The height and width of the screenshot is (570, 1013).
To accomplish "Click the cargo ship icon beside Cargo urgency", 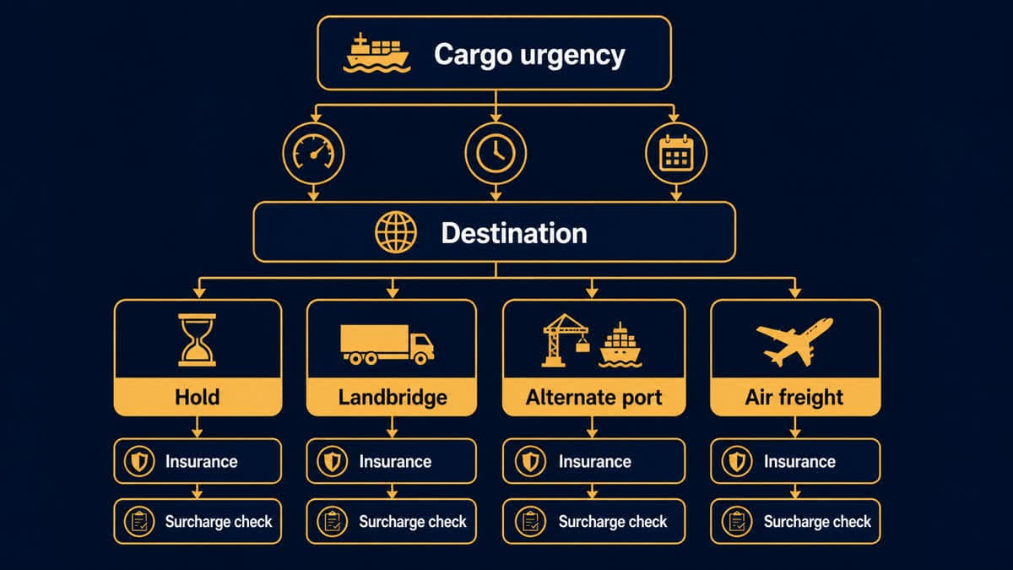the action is point(376,53).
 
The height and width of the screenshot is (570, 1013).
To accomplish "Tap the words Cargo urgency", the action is point(529,55).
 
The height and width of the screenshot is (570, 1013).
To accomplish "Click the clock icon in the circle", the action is point(496,154).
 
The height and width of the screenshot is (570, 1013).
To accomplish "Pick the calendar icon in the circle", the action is point(676,153).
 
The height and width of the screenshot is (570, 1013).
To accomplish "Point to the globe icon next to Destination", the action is point(396,232).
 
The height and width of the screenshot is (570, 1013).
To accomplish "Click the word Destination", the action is point(514,233).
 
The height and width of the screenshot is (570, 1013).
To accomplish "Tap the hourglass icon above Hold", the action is point(198,339).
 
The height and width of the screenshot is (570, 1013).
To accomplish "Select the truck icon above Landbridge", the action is point(387,345).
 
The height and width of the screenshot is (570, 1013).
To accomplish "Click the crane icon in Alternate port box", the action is point(566,339).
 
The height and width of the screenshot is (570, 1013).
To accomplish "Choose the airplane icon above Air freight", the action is point(794,341).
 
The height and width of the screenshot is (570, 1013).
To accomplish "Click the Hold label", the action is point(198,397).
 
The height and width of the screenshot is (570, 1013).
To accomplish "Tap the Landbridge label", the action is point(393,398).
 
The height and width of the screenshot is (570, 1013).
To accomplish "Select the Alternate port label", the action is point(593,398).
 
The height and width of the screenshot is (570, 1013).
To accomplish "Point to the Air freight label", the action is point(794,398).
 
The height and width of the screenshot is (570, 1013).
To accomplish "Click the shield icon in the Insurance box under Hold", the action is point(139,461).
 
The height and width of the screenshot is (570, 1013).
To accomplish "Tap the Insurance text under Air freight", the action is point(799,461).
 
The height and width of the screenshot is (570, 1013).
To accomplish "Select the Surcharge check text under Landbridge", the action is point(413,522).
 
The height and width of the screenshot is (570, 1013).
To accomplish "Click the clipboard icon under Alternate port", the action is point(530,522).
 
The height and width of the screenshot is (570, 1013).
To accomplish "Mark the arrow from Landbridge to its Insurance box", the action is point(392,427).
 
